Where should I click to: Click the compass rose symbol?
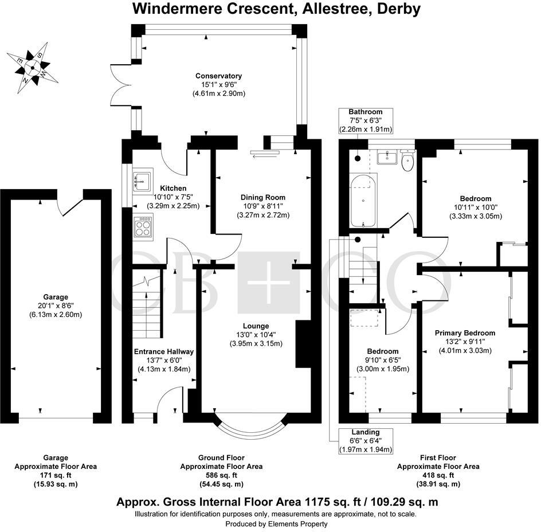33,68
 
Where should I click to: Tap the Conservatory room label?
218,76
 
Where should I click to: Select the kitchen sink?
143,180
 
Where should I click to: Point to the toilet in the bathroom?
408,161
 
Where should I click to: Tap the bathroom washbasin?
388,158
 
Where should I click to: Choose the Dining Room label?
263,197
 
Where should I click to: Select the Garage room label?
56,297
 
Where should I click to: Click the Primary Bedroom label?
465,333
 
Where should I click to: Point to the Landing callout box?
366,441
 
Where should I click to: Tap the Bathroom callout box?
366,120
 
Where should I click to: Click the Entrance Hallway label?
163,352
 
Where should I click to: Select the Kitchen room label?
173,188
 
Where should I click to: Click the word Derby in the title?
398,9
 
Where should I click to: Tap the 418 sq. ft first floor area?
438,475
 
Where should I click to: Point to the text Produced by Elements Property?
276,524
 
